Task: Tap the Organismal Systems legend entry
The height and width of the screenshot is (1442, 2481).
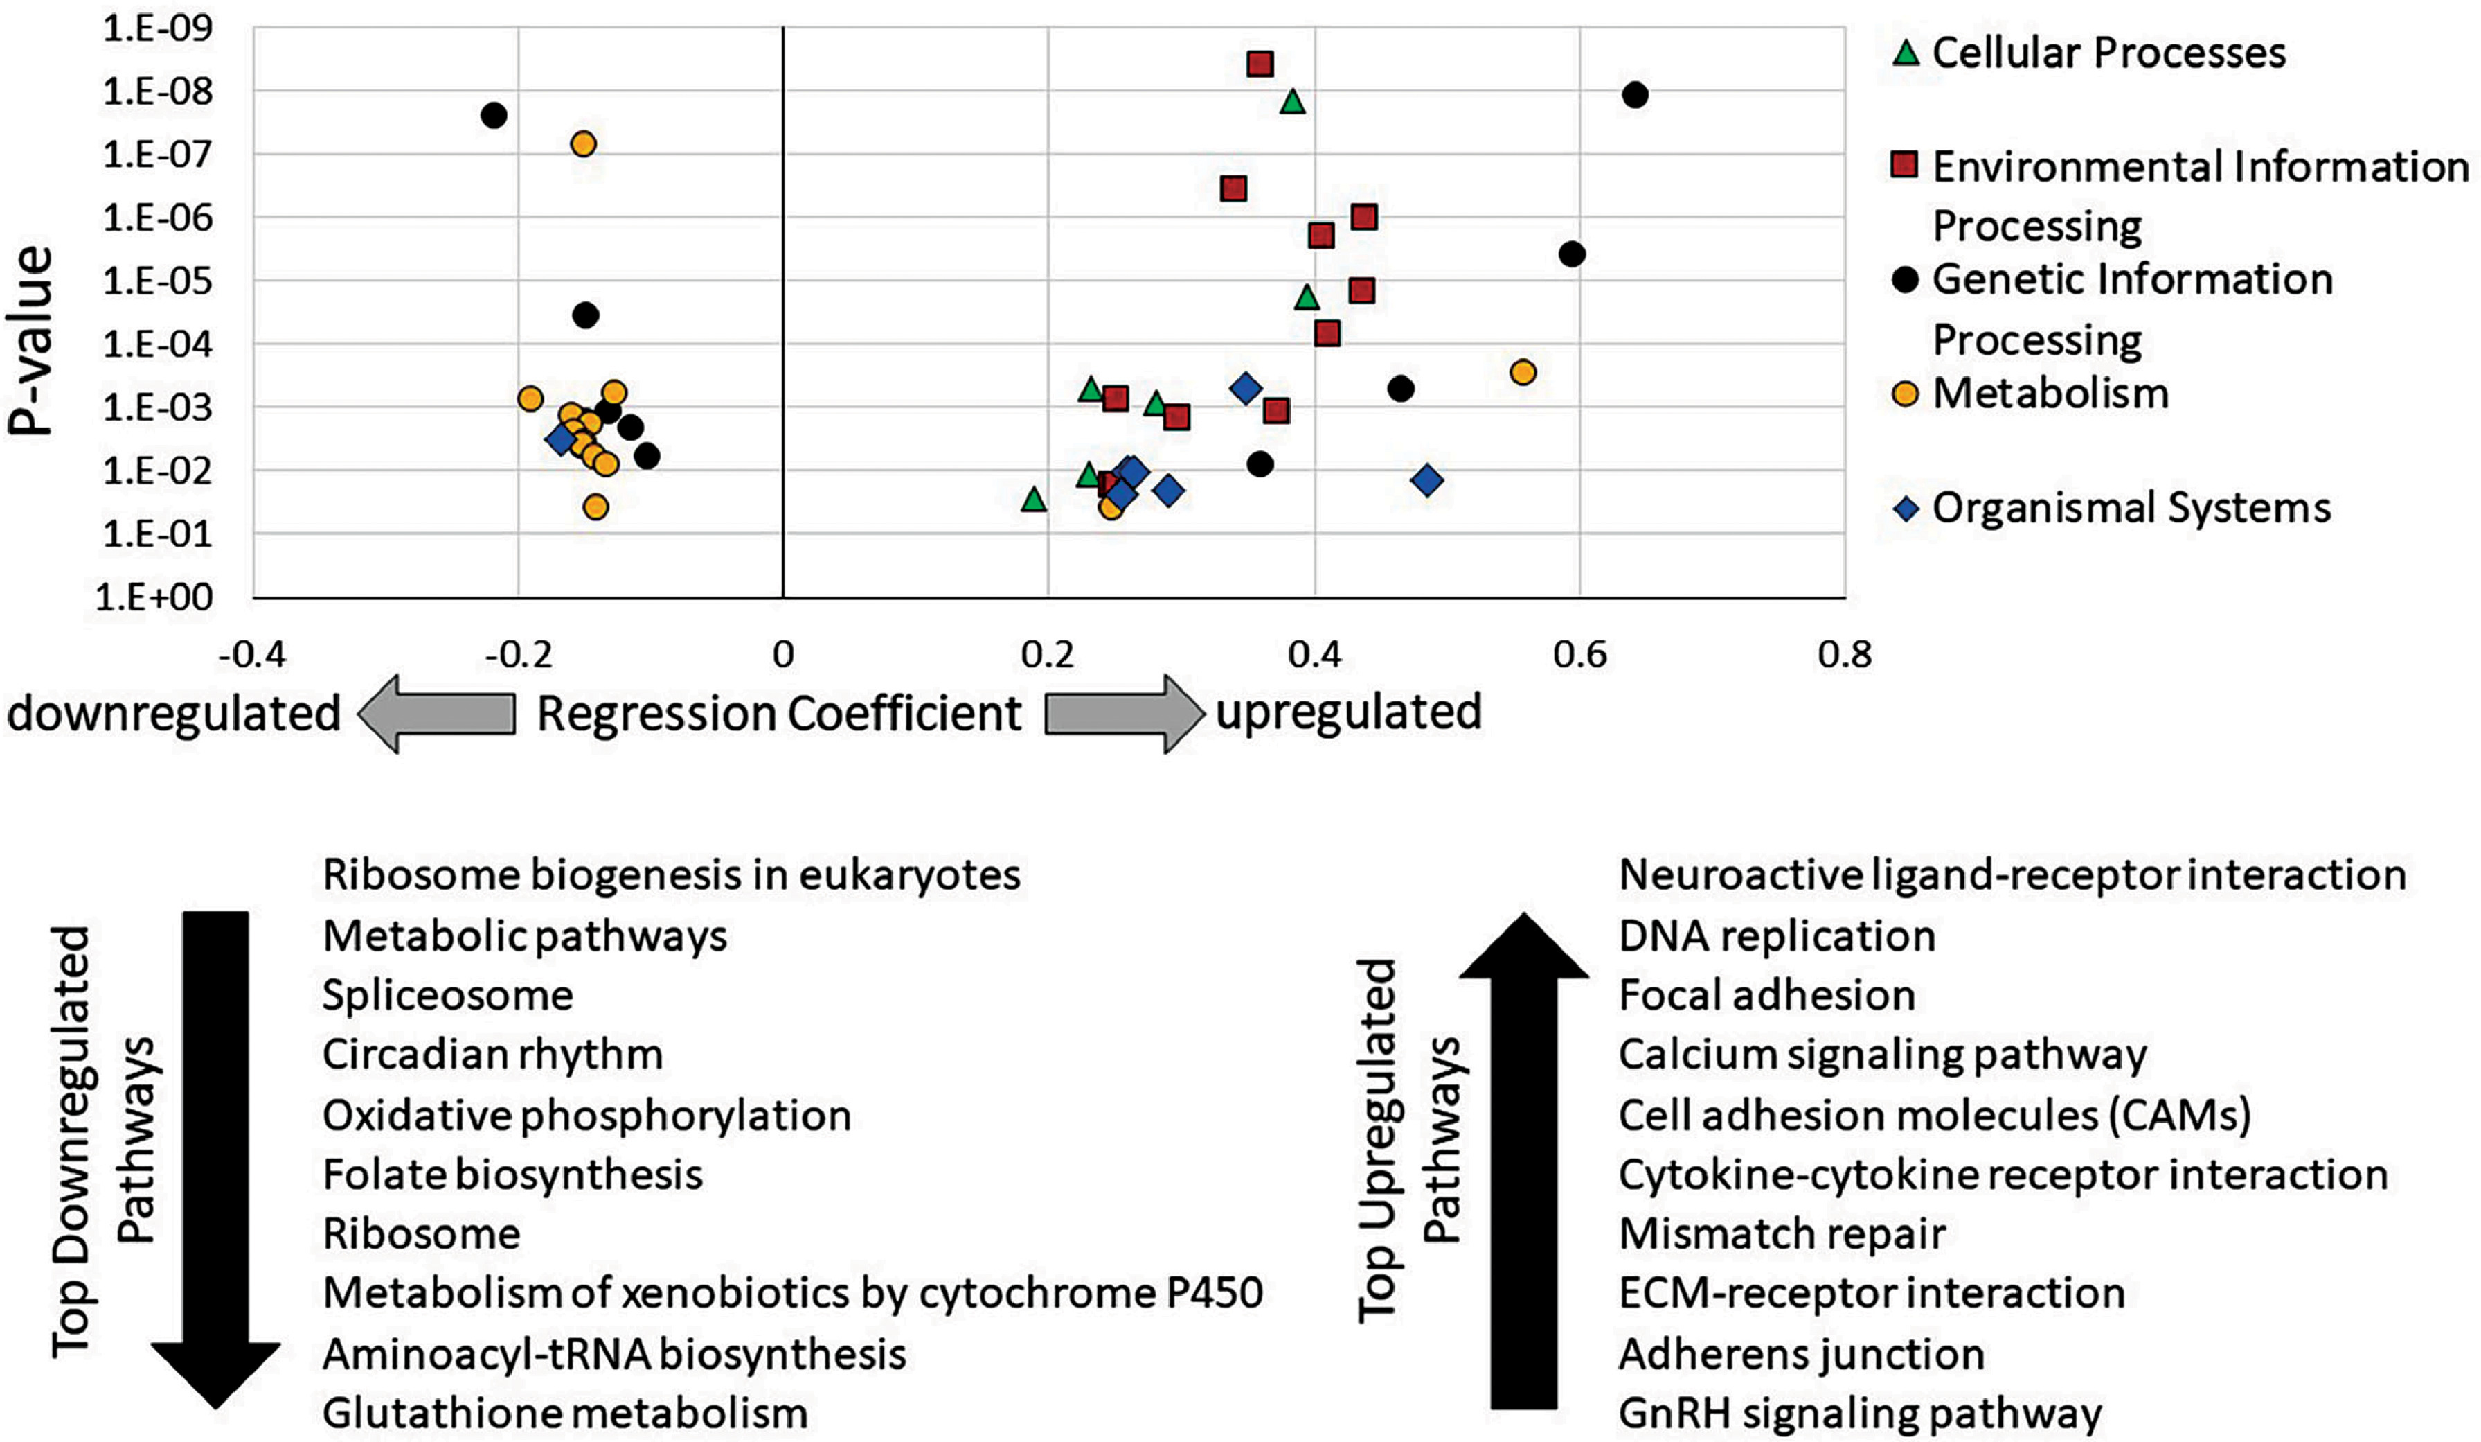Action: click(2113, 508)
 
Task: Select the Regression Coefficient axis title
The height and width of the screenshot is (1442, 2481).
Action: click(779, 713)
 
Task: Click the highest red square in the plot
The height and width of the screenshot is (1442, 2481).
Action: click(1260, 64)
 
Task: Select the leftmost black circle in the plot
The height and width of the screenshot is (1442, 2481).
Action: click(494, 115)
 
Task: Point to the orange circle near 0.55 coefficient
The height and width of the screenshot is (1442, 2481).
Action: click(1523, 372)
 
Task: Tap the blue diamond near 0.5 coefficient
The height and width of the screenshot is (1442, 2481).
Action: click(1428, 481)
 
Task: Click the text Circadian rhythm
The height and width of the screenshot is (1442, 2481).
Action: click(492, 1055)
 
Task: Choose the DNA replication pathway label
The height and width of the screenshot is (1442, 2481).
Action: click(1777, 935)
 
